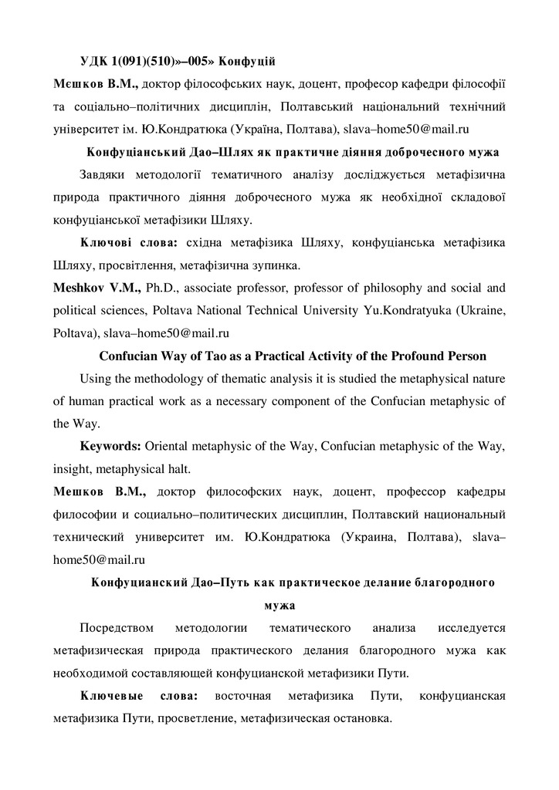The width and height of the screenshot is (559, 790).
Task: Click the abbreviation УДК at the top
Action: [x=96, y=61]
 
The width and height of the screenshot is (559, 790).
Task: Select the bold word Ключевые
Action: [x=113, y=697]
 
